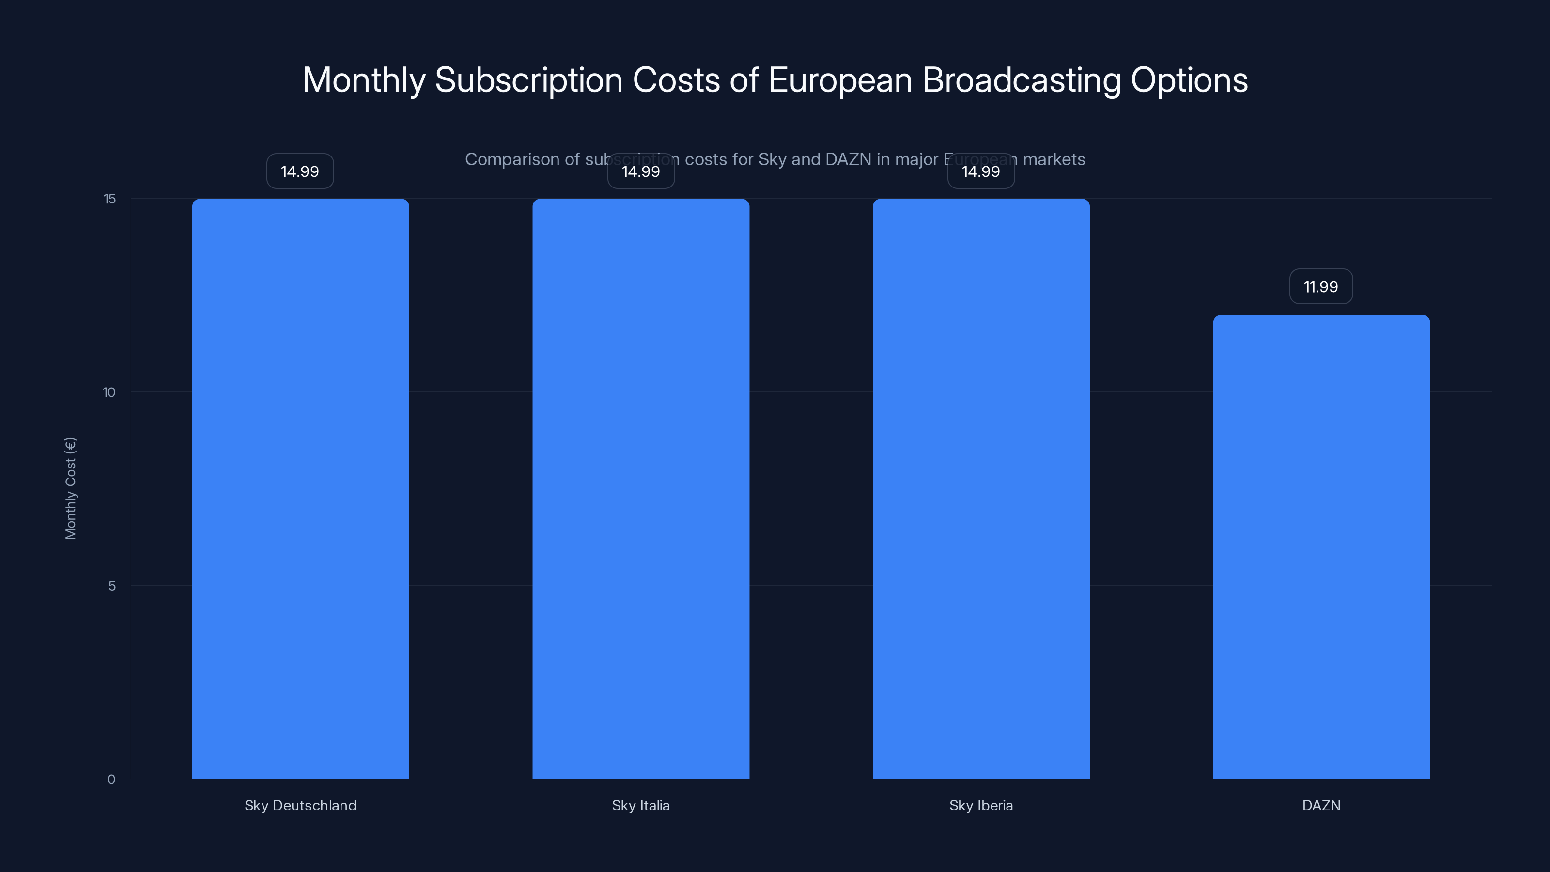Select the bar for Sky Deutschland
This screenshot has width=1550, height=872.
[300, 488]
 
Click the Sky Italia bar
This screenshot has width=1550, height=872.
[641, 488]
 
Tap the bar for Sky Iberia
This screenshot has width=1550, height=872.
[981, 488]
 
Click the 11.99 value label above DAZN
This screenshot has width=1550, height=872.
[1321, 286]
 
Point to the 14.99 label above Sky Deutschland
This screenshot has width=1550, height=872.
[300, 171]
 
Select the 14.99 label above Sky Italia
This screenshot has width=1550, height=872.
[641, 171]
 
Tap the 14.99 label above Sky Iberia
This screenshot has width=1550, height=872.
[981, 171]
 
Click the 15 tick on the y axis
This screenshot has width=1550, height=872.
[109, 199]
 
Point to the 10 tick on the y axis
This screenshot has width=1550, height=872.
[109, 392]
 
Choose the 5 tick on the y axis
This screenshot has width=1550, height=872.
[112, 586]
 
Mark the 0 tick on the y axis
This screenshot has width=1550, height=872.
[111, 779]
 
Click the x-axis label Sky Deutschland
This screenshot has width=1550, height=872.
[300, 805]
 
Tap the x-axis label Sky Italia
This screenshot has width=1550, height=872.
[641, 805]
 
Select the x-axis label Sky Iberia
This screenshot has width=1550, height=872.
[981, 805]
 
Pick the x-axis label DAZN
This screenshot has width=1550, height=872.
[1321, 805]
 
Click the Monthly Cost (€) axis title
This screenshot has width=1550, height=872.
[70, 488]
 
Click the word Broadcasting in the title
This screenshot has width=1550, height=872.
[1021, 80]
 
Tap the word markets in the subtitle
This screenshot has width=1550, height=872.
[1054, 159]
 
